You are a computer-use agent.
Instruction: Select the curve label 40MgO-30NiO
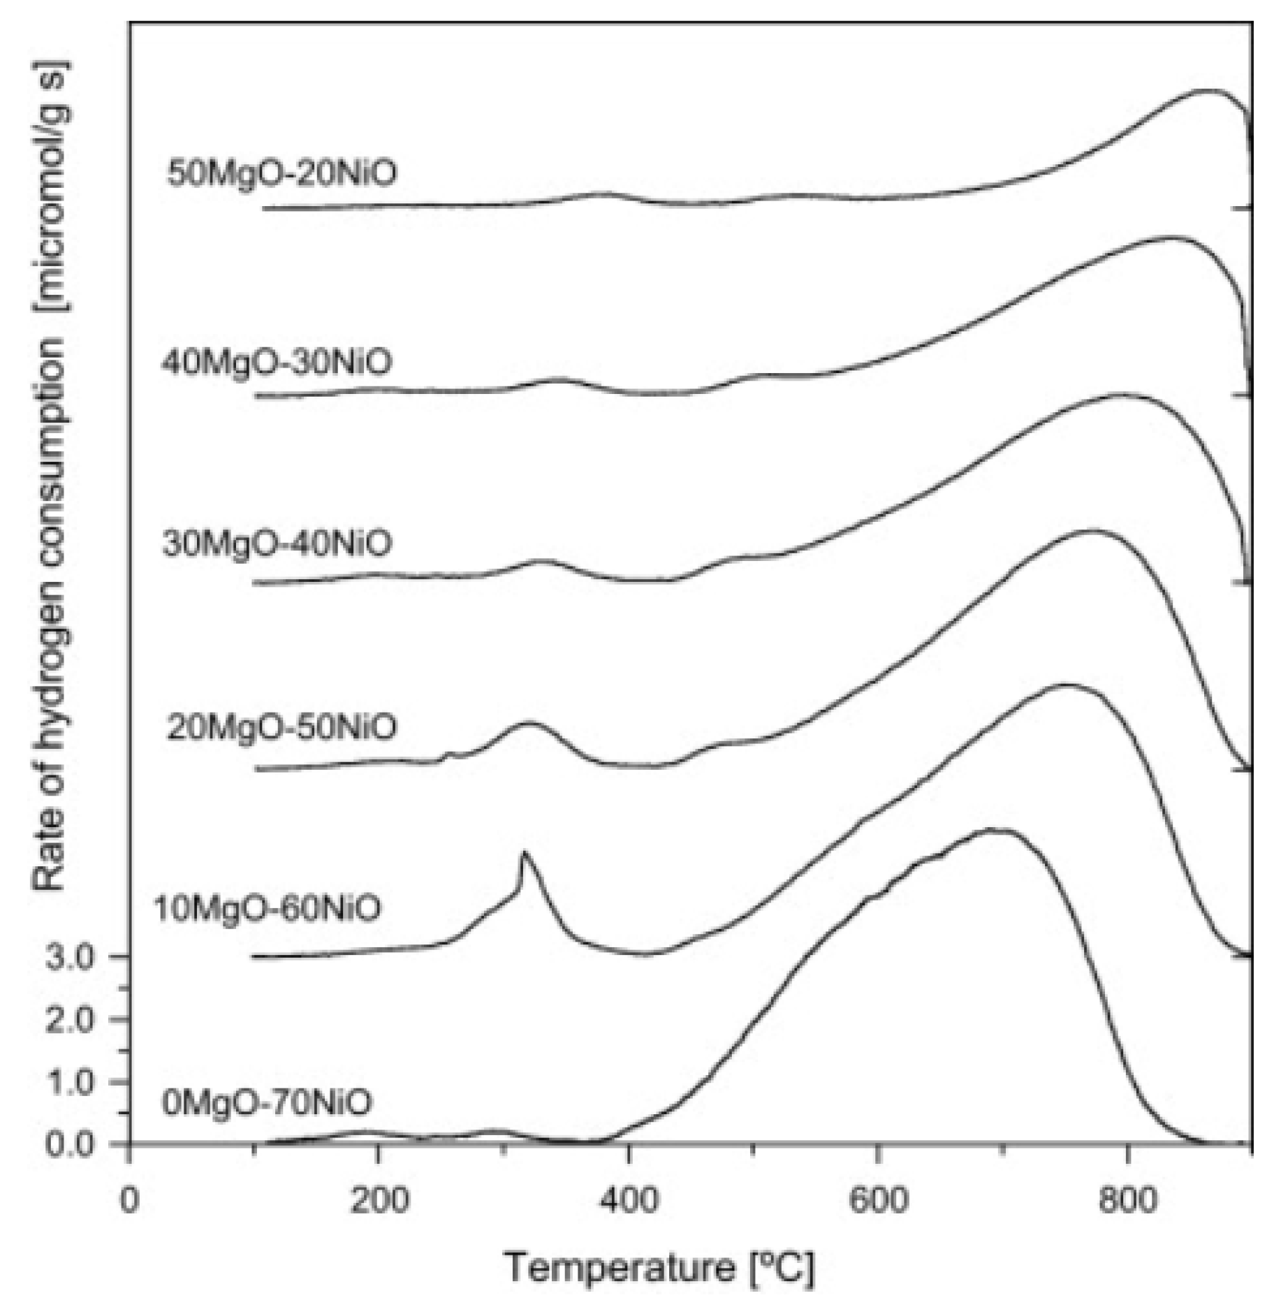[277, 362]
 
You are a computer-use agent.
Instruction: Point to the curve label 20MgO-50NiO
[281, 727]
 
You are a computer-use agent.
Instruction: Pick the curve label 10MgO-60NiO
[268, 909]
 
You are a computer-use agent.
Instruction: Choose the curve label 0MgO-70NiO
[267, 1102]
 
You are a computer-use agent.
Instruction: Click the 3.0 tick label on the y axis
[70, 957]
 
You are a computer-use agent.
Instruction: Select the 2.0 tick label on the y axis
[70, 1020]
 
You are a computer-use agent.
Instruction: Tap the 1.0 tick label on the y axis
[70, 1082]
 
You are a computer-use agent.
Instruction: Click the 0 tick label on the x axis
[130, 1200]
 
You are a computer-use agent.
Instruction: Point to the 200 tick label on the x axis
[378, 1200]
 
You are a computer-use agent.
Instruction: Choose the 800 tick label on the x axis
[1127, 1200]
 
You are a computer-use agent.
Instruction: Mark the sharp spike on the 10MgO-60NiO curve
[523, 854]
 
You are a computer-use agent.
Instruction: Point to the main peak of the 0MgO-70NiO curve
[992, 830]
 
